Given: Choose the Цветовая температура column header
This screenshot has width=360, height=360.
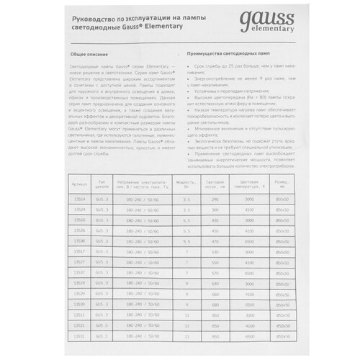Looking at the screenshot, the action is pos(269,185).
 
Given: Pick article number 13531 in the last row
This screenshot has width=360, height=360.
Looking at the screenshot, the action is pos(79,336).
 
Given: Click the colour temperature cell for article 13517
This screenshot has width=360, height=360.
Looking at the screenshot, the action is pos(269,251).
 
